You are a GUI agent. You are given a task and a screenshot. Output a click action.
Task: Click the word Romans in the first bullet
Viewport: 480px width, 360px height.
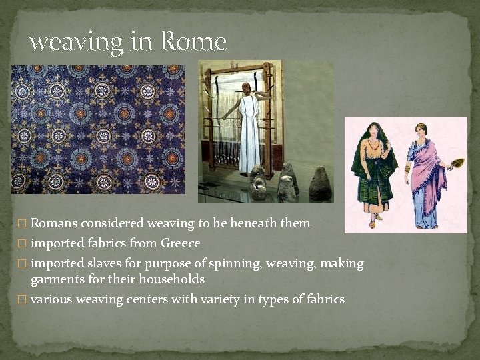[x=55, y=223]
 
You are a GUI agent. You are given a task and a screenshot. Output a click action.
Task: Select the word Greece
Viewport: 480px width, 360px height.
[x=180, y=243]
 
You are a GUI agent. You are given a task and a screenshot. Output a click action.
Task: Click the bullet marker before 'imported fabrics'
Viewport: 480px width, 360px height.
[x=24, y=243]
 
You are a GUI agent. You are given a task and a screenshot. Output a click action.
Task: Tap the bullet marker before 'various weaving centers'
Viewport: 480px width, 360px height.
[x=24, y=300]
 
